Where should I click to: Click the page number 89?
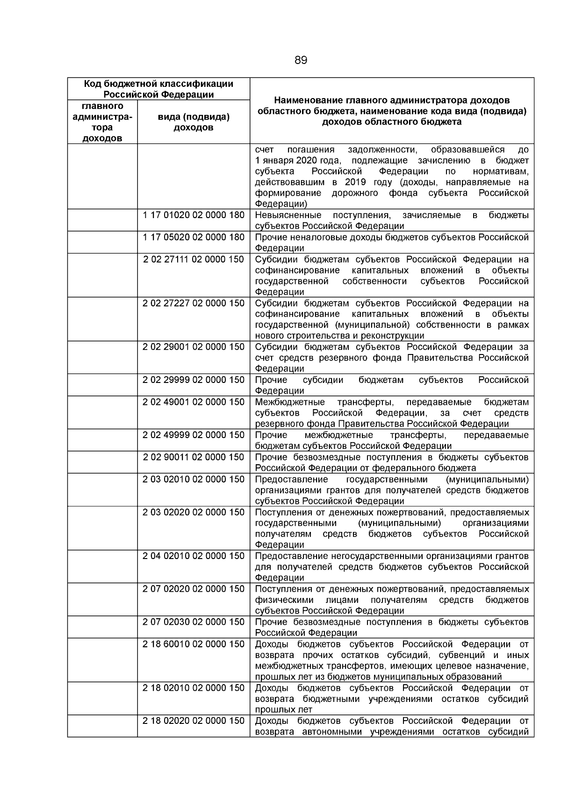coord(301,60)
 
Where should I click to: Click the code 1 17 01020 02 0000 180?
coord(194,215)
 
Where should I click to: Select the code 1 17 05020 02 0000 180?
coord(194,237)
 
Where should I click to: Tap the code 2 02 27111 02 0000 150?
coord(194,259)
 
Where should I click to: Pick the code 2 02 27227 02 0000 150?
coord(194,303)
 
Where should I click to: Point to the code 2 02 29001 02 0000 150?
coord(194,347)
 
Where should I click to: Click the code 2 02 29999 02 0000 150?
coord(194,380)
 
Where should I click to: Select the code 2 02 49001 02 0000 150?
coord(194,402)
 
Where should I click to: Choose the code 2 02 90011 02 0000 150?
coord(194,457)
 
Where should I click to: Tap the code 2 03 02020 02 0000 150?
coord(194,512)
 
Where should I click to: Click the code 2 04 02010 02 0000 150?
coord(194,556)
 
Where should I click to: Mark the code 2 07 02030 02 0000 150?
coord(194,622)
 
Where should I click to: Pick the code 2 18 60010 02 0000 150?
coord(194,644)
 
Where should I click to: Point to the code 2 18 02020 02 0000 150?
coord(194,721)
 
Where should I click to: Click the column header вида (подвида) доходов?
coord(194,122)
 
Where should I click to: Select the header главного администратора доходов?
coord(102,122)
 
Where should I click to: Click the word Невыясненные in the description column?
coord(288,215)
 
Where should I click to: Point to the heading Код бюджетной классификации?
coord(158,84)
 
